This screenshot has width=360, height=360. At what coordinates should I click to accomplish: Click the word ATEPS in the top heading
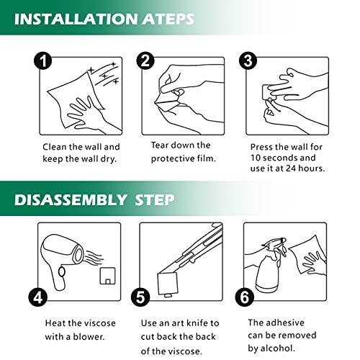(168, 19)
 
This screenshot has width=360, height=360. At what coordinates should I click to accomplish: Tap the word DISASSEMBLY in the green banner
(71, 199)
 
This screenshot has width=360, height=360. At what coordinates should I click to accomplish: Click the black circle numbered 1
(43, 60)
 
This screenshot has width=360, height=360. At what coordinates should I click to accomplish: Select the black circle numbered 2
(145, 60)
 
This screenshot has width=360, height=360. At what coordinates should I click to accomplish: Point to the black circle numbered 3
(248, 60)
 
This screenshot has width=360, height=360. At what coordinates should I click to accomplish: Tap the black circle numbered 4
(38, 297)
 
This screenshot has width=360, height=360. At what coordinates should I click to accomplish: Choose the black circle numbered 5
(140, 297)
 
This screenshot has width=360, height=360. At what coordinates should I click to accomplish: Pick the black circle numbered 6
(245, 297)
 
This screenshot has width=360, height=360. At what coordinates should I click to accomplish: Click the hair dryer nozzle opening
(78, 254)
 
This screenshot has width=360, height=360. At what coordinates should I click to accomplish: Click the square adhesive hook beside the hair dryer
(107, 276)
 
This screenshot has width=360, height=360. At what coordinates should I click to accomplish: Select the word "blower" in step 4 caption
(89, 336)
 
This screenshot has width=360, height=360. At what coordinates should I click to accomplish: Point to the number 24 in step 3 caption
(291, 168)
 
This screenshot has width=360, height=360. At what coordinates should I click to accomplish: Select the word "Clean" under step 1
(55, 147)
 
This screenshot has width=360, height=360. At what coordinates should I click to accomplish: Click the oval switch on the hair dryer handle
(62, 271)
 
